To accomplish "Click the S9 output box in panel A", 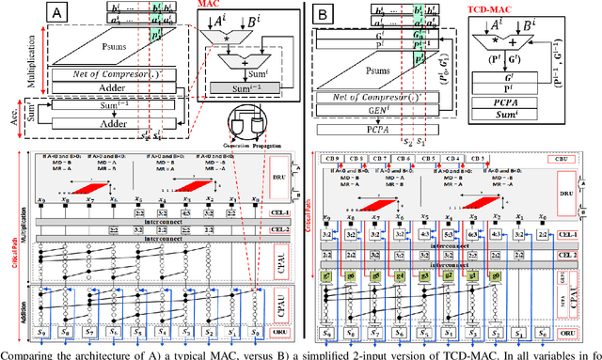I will [40, 334].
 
